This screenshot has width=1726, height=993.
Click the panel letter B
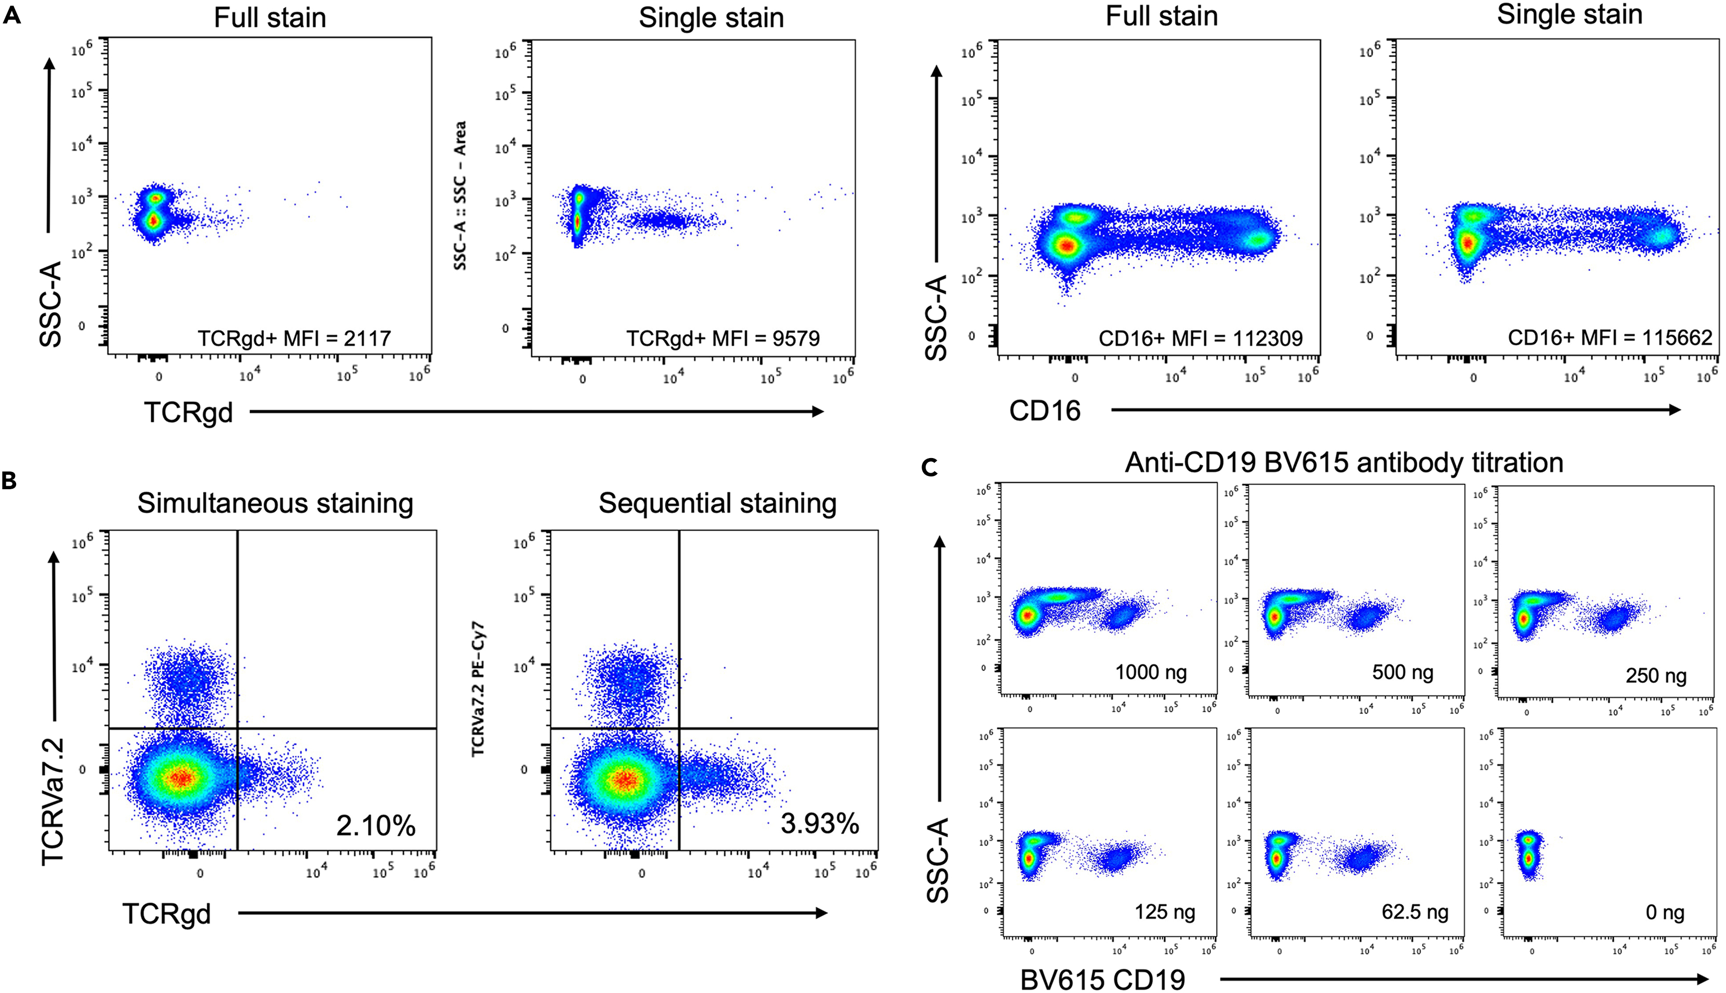tap(9, 481)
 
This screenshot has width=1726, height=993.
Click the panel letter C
tap(930, 468)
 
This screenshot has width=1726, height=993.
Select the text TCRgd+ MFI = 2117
tap(294, 338)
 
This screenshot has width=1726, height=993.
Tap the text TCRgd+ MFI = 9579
tap(723, 338)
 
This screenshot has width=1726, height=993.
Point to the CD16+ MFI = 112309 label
tap(1201, 338)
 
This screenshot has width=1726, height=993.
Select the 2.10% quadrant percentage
tap(375, 826)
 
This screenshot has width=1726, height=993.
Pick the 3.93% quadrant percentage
tap(819, 824)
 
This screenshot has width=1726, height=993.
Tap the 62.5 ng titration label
tap(1415, 912)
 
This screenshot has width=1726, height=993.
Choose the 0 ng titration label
tap(1665, 913)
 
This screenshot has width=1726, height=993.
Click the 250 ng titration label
tap(1656, 675)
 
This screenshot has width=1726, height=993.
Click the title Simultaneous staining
tap(275, 503)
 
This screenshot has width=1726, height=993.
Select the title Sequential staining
tap(717, 503)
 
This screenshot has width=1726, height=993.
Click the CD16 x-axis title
tap(1044, 411)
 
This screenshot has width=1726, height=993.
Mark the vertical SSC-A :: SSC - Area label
tap(460, 196)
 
